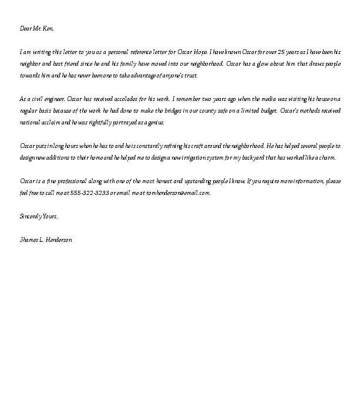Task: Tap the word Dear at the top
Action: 25,28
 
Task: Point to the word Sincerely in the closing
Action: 31,217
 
